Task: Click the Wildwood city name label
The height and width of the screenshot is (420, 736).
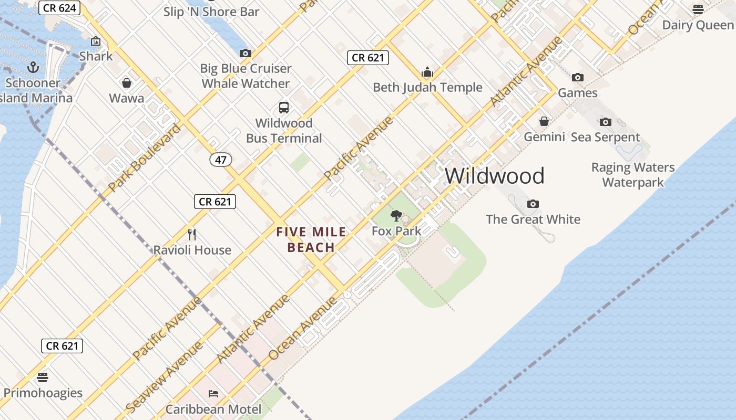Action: tap(495, 176)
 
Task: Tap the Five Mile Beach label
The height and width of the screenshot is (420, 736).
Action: tap(311, 239)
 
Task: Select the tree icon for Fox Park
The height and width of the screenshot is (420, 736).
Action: tap(396, 215)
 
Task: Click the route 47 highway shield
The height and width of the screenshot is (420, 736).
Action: tap(221, 160)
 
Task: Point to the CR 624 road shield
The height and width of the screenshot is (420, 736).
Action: tap(60, 8)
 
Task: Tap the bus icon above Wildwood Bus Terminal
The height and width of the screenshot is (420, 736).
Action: tap(284, 108)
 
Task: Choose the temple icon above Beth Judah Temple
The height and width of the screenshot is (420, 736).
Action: tap(427, 72)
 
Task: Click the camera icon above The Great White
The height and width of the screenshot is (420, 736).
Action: tap(533, 204)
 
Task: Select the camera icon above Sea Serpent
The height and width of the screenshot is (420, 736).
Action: tap(606, 122)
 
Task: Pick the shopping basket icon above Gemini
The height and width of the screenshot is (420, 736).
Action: tap(544, 122)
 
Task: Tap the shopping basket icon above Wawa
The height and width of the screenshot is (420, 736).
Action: tap(127, 83)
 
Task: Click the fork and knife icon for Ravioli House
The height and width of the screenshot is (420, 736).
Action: tap(192, 234)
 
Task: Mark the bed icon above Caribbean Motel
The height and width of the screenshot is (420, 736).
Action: tap(213, 393)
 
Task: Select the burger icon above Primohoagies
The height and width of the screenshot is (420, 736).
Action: tap(43, 377)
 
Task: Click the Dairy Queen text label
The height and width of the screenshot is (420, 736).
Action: tap(698, 25)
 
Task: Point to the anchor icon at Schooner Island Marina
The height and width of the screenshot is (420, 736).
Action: tap(33, 67)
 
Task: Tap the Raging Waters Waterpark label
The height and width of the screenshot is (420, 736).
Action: tap(633, 175)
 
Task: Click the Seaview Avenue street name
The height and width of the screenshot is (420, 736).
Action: tap(165, 376)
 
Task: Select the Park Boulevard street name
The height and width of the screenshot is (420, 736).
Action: tap(145, 157)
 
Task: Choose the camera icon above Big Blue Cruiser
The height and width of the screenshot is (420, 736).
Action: tap(246, 53)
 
